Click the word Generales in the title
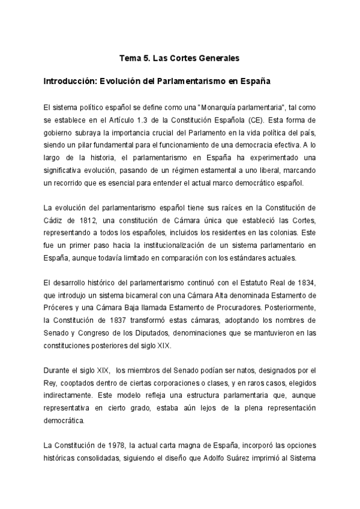click(x=218, y=59)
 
